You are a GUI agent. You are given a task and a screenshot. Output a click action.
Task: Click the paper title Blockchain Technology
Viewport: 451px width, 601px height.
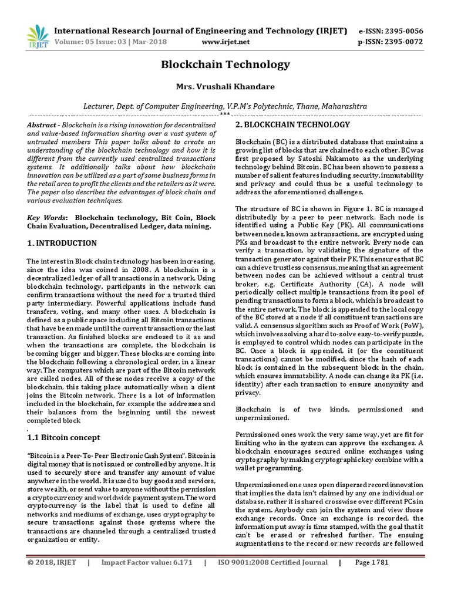(x=225, y=65)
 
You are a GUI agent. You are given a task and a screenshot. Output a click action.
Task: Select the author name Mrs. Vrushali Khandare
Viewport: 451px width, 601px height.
(x=225, y=87)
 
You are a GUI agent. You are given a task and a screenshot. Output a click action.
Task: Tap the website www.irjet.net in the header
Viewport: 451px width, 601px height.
(x=225, y=42)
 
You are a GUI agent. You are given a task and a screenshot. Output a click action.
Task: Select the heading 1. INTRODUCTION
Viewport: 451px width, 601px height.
(x=62, y=243)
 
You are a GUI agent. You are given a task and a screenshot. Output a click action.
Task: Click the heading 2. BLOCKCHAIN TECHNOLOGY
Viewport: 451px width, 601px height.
(x=292, y=125)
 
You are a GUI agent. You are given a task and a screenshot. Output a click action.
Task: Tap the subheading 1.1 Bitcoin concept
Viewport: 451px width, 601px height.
(x=64, y=438)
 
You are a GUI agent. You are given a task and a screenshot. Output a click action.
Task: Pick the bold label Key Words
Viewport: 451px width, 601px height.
(x=47, y=217)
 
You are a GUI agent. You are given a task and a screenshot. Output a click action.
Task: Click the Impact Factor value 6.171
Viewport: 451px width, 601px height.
(x=176, y=579)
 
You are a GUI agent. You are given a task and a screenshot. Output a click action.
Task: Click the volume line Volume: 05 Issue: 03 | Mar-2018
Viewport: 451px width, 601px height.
(x=110, y=42)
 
